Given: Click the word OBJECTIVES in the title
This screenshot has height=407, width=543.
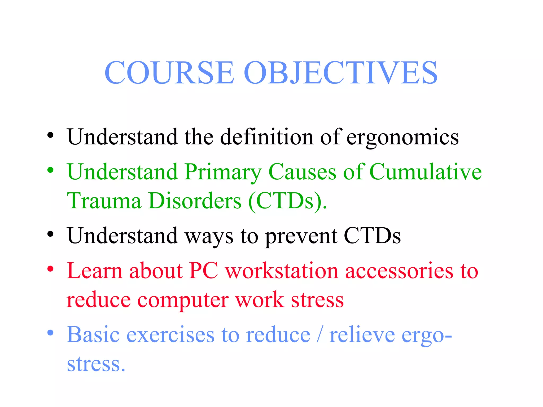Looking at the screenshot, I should coord(340,73).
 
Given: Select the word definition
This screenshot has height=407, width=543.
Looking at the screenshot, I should coord(267,137).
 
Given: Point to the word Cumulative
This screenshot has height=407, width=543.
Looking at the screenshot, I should coord(425,172).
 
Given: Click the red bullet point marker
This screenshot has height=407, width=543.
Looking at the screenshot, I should coord(50,269).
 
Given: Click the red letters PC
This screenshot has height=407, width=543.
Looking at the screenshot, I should coord(204,271).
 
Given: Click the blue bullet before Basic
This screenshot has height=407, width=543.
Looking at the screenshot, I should coord(50,332).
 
